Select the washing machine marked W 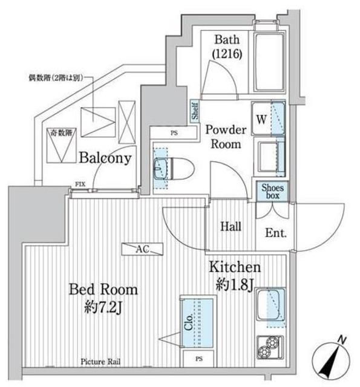coord(268,119)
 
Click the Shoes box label coord(270,190)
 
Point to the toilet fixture coord(172,167)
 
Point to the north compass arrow coord(331,360)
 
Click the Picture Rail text coord(101,362)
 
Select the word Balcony coord(104,158)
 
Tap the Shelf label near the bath coord(194,111)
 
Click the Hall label coord(231,227)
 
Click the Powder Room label coord(225,137)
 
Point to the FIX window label coord(80,183)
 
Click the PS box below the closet coord(199,359)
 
